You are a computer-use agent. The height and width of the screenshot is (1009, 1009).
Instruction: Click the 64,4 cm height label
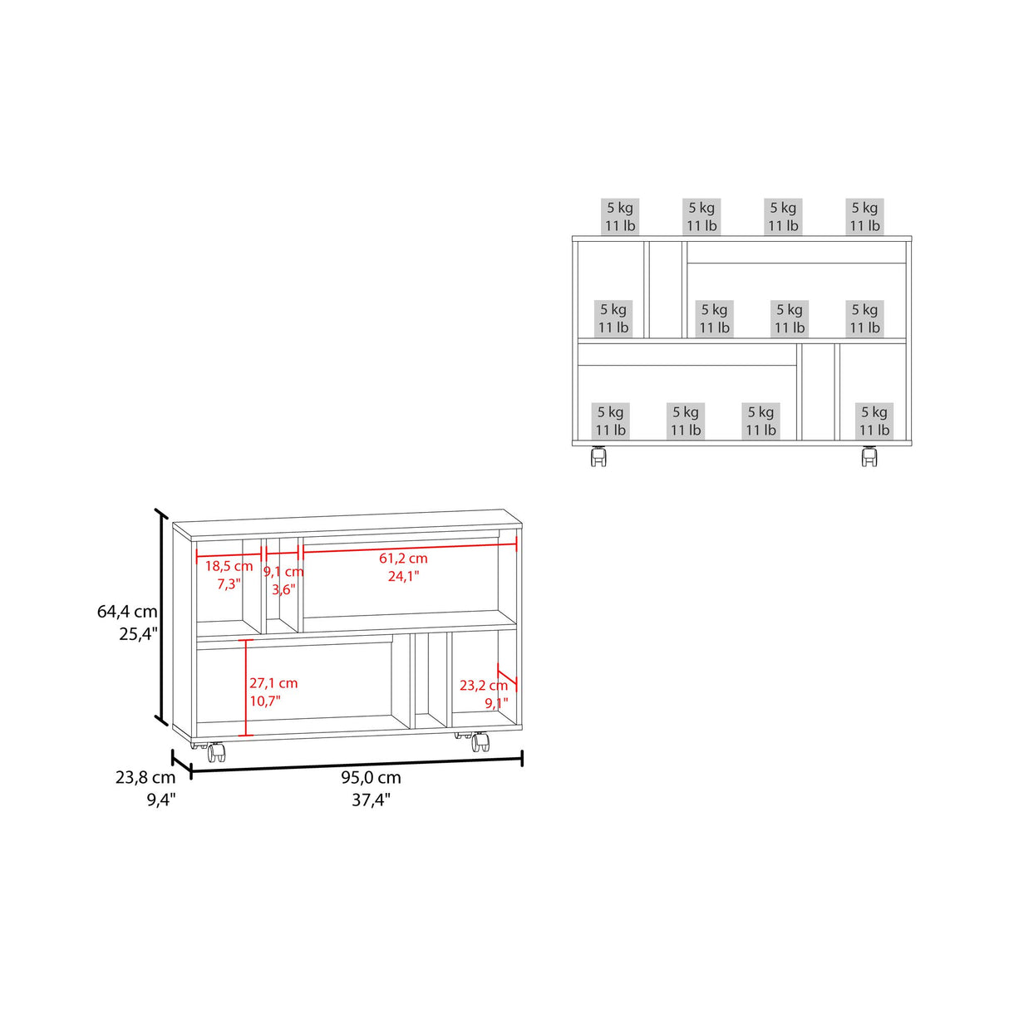pos(127,612)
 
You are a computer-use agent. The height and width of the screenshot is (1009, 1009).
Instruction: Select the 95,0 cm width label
pos(371,778)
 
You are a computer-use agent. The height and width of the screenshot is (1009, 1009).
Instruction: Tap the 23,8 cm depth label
pos(145,778)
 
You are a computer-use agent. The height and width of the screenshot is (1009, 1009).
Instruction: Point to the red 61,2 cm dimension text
pos(403,559)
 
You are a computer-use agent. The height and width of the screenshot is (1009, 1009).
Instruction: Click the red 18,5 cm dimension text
pos(229,567)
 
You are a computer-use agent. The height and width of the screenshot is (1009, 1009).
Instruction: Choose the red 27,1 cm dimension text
pos(273,683)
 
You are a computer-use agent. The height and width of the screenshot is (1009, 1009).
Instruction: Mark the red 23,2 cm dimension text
pos(483,686)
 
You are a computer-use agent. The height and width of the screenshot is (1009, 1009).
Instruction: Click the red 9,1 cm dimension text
pos(283,572)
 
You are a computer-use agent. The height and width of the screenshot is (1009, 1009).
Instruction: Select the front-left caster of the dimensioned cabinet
pos(216,752)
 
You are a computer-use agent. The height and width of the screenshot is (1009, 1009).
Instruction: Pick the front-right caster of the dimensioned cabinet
pos(480,741)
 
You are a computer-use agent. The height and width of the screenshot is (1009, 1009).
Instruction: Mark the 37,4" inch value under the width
pos(371,800)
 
